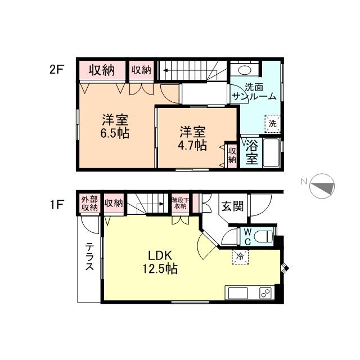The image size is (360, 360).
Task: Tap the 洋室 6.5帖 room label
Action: point(115,127)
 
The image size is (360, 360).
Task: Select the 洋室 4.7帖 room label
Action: point(193,139)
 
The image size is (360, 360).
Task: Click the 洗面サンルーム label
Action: point(254,92)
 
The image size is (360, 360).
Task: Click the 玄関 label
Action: point(231,206)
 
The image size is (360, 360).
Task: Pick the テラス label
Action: point(89,256)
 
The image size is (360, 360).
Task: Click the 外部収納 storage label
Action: point(89,203)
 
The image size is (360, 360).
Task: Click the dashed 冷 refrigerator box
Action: point(239,256)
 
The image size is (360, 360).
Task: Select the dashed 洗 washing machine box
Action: point(272,123)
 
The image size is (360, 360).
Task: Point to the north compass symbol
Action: point(321,186)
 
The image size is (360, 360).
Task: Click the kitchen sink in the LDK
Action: point(237,293)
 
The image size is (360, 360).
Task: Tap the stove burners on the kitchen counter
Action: point(264,293)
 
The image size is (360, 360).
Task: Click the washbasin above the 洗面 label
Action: point(244,70)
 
